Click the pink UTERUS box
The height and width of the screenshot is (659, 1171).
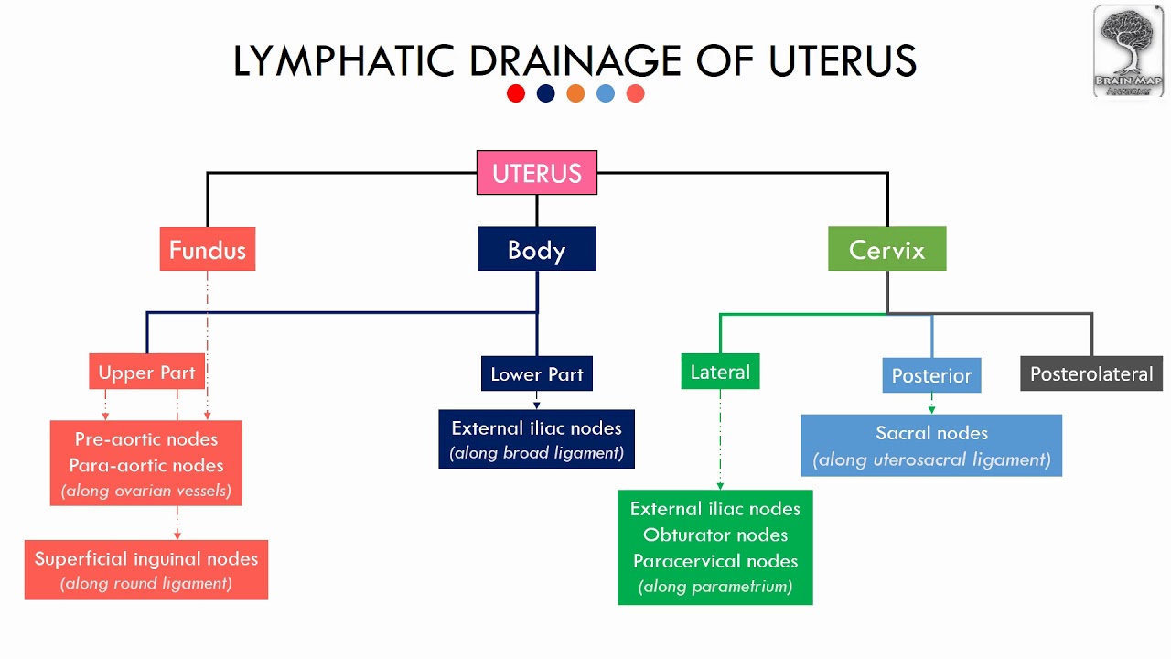(537, 173)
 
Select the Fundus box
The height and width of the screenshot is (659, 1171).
(208, 249)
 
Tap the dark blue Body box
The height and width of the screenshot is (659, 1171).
(537, 249)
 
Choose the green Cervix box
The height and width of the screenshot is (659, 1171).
(886, 249)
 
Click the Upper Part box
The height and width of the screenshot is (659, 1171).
(146, 373)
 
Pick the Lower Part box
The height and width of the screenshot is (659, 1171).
(537, 373)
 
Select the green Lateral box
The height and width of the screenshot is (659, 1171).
(720, 372)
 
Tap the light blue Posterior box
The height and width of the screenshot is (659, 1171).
(931, 375)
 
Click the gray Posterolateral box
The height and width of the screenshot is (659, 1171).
(1091, 373)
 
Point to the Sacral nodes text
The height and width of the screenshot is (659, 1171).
(931, 433)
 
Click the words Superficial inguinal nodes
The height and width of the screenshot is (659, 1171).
(146, 558)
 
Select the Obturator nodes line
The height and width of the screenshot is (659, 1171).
(715, 535)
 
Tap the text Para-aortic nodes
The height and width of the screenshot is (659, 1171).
(146, 465)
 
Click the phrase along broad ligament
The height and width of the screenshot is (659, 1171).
(537, 453)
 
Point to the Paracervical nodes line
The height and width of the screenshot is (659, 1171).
(715, 561)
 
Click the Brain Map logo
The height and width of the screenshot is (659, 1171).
(1128, 50)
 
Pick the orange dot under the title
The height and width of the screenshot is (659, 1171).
(575, 93)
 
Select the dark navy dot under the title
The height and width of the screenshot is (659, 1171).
(546, 93)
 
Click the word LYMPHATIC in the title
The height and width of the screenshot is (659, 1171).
(345, 61)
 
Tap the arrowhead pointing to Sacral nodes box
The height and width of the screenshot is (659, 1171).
(931, 409)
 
